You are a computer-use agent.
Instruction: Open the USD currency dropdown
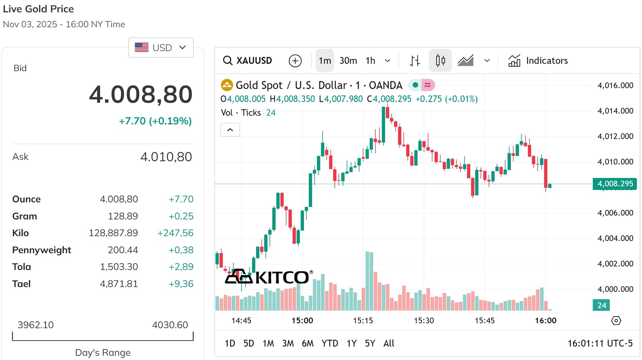(x=161, y=48)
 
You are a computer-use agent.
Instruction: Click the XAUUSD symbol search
(x=247, y=61)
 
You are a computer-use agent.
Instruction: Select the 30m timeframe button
(x=348, y=61)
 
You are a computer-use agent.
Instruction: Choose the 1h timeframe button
(x=370, y=61)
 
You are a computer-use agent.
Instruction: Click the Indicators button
(x=538, y=61)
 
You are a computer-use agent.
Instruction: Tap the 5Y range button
(x=370, y=343)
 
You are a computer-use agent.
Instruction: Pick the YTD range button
(x=330, y=343)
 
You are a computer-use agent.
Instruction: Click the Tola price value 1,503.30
(x=119, y=267)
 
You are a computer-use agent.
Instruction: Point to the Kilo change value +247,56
(x=176, y=233)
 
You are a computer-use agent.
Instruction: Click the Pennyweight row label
(x=42, y=250)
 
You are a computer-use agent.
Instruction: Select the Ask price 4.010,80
(x=166, y=157)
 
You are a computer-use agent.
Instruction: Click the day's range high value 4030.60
(x=170, y=325)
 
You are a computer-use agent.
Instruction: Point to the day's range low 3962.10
(x=35, y=325)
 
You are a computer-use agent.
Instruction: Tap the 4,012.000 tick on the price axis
(x=615, y=136)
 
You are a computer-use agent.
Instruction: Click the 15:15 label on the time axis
(x=363, y=321)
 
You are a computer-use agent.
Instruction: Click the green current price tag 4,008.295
(x=615, y=184)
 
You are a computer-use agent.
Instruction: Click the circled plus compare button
(x=295, y=61)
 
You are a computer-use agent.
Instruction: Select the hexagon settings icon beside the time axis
(x=616, y=321)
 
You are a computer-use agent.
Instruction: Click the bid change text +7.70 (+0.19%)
(x=155, y=121)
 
